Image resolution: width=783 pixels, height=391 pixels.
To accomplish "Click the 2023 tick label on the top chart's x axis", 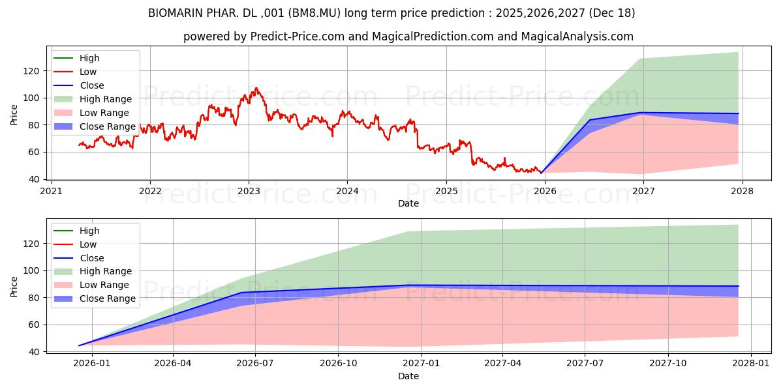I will click(249, 191).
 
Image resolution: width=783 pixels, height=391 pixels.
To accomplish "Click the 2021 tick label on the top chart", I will click(52, 191).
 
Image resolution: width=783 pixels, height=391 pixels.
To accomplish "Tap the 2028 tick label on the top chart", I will click(742, 191).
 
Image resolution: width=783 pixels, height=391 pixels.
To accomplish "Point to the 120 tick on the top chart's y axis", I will click(35, 71).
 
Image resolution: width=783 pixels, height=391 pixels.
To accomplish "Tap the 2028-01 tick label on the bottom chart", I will click(751, 364).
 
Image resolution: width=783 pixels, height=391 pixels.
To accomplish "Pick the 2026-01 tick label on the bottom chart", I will click(91, 364).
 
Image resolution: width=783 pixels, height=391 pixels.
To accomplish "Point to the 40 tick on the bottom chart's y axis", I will click(35, 352).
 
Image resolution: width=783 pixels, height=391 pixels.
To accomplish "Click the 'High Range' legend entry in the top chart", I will click(105, 99).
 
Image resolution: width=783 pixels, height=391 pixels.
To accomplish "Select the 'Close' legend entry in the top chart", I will click(91, 85).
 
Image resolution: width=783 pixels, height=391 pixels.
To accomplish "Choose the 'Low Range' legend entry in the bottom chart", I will click(104, 285).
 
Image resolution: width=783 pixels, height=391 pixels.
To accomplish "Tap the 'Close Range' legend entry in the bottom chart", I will click(107, 298).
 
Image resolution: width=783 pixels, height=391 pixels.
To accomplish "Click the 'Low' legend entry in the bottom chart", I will click(88, 244).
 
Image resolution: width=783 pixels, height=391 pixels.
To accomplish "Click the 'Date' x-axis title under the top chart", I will click(408, 203).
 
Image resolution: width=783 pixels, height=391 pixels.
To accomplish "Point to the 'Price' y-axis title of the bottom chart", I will click(14, 285).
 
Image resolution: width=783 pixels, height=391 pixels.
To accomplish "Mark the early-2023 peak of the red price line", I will click(256, 87).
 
